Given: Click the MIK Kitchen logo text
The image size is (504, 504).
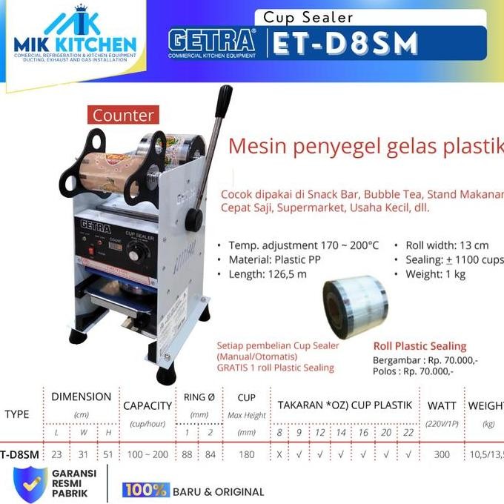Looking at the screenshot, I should (75, 44).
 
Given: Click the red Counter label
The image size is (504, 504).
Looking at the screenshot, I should (123, 115).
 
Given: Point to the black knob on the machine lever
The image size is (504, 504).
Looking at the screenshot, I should (194, 219).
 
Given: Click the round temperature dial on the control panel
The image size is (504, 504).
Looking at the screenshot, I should (136, 255).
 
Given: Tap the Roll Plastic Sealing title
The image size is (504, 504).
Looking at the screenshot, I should (419, 345).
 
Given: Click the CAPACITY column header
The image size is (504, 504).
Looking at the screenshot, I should (147, 405).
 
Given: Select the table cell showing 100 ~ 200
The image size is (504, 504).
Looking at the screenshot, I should (147, 454).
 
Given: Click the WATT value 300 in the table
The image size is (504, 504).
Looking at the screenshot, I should (442, 454).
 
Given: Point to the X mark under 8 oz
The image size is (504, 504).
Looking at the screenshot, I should (279, 454).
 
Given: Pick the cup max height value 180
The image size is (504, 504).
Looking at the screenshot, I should (246, 454).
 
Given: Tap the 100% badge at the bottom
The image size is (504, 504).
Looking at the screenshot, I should (146, 491).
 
